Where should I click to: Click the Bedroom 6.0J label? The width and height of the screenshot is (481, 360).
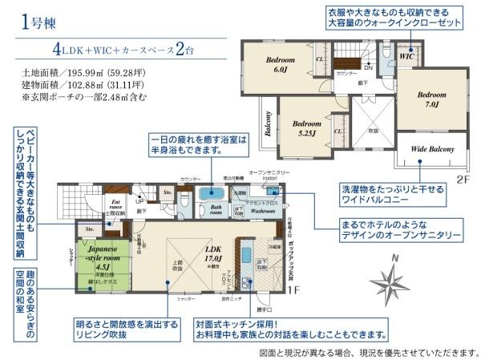tap(280, 65)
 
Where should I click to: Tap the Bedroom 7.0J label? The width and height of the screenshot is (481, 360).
tap(429, 99)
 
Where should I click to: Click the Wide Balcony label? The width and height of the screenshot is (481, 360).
tap(432, 149)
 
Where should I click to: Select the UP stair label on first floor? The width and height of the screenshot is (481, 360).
tap(142, 200)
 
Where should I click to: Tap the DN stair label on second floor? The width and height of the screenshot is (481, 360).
tap(366, 67)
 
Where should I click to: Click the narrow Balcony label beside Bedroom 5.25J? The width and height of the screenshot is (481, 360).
tap(266, 124)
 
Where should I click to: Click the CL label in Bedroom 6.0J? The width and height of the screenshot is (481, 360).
tap(320, 59)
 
